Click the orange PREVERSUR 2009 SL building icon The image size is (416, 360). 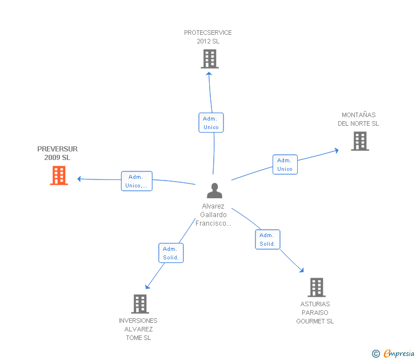pos(59,175)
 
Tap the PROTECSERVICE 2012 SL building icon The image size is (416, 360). pos(210,58)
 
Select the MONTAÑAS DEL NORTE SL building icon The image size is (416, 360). pos(359,141)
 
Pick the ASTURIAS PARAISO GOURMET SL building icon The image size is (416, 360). pos(316,287)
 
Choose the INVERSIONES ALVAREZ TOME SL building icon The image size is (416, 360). pos(139,303)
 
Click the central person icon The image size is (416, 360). pos(214,190)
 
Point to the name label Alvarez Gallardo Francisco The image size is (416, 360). pos(214,215)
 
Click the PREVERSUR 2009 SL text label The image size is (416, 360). pos(58,153)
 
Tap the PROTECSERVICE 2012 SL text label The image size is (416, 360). pos(208,37)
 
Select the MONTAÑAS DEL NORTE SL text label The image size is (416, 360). pos(358,119)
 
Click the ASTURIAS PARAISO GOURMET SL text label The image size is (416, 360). pos(315,313)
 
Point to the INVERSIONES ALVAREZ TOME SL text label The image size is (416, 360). pos(138,329)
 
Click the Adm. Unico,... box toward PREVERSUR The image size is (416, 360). pos(137,181)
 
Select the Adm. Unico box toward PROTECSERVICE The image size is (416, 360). pos(211,123)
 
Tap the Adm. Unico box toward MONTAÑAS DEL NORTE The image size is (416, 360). pos(285,165)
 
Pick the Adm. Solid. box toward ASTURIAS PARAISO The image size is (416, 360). pos(267,239)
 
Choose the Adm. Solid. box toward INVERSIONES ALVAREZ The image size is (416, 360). pos(171,253)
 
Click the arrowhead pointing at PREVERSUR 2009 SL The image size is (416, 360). pos(79,179)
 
